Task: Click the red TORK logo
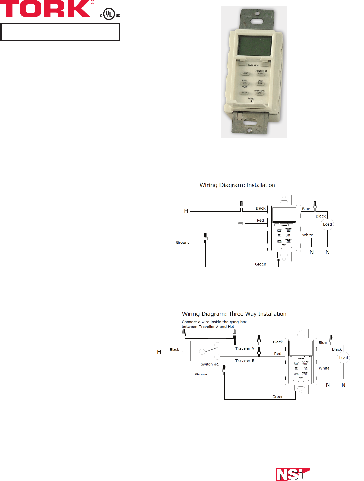pos(46,9)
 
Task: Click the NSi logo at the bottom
pos(292,474)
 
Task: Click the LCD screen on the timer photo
pos(255,46)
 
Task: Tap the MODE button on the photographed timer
pos(245,74)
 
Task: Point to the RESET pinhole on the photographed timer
pos(251,101)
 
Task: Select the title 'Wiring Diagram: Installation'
pos(237,185)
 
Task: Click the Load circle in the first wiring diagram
pos(328,224)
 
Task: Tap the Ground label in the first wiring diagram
pos(183,242)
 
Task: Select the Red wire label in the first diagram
pos(260,220)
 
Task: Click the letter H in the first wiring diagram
pos(186,211)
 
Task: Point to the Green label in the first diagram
pos(260,264)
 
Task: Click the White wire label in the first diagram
pos(307,235)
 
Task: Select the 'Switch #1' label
pos(210,364)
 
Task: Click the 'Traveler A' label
pos(245,349)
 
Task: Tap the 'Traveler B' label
pos(245,361)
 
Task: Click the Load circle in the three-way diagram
pos(343,358)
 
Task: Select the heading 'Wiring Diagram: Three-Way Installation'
pos(234,314)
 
